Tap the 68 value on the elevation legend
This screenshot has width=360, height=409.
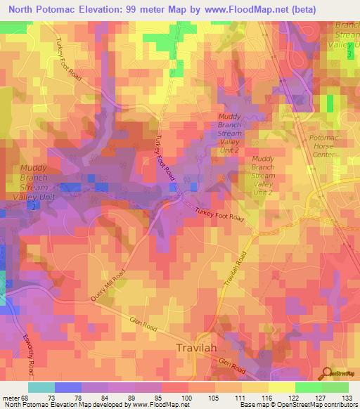pos(27,397)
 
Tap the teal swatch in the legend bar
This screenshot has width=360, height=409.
pos(41,387)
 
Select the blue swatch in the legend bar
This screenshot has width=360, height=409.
pos(68,387)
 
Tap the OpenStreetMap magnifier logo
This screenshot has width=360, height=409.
pos(326,372)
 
